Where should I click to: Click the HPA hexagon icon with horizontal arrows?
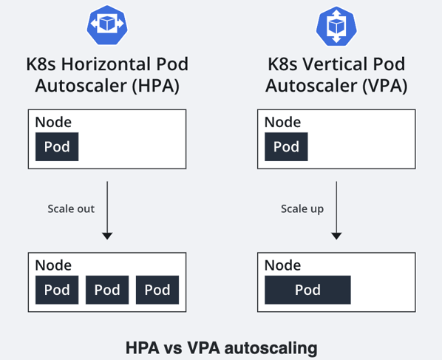click(x=107, y=25)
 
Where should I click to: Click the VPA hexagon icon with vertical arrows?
click(x=336, y=26)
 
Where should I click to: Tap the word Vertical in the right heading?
click(x=336, y=64)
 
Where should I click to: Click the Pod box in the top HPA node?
click(x=57, y=146)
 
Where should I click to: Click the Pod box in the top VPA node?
click(x=286, y=146)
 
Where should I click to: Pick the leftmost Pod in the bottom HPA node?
click(x=57, y=290)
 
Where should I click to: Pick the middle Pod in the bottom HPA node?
click(x=107, y=290)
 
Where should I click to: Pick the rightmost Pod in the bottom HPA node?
click(x=157, y=290)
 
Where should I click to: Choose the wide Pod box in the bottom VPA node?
click(x=307, y=290)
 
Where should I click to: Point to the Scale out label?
click(x=71, y=209)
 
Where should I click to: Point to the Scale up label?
click(x=302, y=209)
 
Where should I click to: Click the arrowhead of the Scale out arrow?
click(x=107, y=237)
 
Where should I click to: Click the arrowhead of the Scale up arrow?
click(x=336, y=237)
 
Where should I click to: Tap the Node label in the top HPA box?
click(x=53, y=122)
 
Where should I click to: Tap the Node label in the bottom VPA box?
click(x=282, y=265)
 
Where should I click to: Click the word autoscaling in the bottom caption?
click(x=271, y=348)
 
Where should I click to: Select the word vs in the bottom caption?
click(x=173, y=348)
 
